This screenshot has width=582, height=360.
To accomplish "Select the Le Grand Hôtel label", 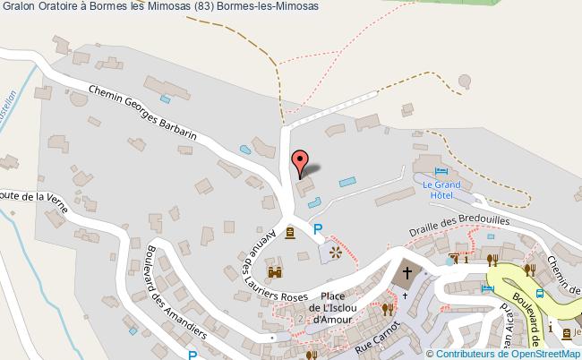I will coord(441,189).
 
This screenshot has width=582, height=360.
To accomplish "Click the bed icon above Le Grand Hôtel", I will coord(441,172).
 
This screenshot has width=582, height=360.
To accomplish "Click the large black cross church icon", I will coord(407,272).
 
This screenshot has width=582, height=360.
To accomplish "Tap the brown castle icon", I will coord(275,270).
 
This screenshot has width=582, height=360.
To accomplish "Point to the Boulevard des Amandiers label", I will coord(175,290).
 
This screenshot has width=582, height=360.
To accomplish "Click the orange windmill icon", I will coord(337,252).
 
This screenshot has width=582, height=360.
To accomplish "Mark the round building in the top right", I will coord(464,81).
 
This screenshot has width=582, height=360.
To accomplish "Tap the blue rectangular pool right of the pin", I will coord(347,183).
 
